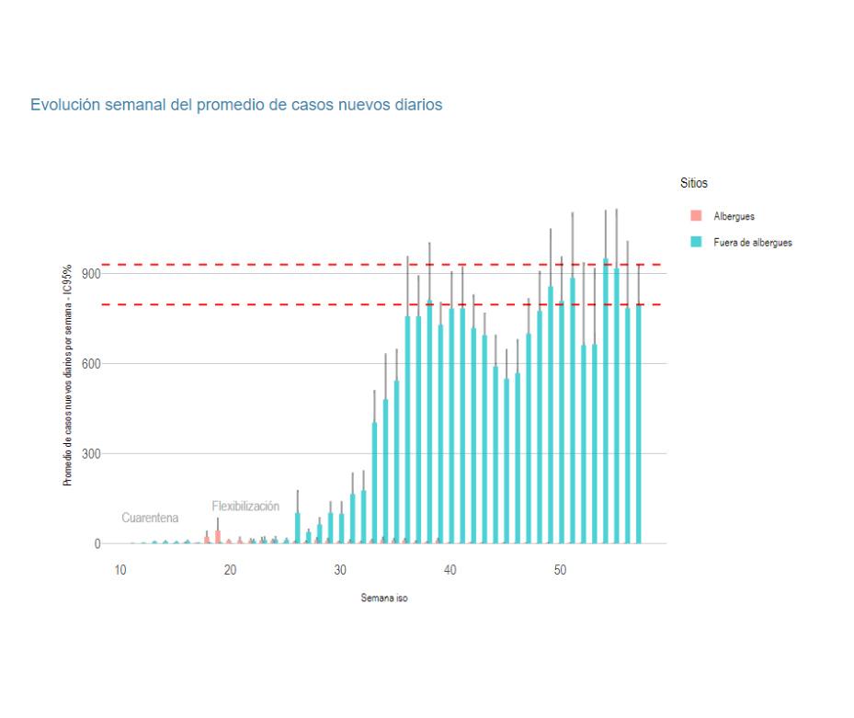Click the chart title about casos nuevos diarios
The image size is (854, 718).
tap(236, 105)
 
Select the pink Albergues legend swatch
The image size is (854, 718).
tap(696, 216)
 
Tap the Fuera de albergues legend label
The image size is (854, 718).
tap(753, 243)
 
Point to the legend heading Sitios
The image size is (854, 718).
tap(694, 183)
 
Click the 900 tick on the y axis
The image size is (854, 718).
tap(90, 274)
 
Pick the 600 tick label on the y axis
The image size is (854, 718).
tap(90, 364)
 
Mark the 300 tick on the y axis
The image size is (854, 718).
tap(90, 454)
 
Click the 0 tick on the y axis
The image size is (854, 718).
tap(96, 544)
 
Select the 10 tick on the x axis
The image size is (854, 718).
tap(120, 571)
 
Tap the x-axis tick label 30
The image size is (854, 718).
tap(340, 571)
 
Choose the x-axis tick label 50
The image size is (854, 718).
tap(560, 571)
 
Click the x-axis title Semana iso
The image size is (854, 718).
tap(384, 598)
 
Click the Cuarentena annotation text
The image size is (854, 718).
tap(150, 519)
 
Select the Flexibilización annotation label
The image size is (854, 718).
tap(245, 507)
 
